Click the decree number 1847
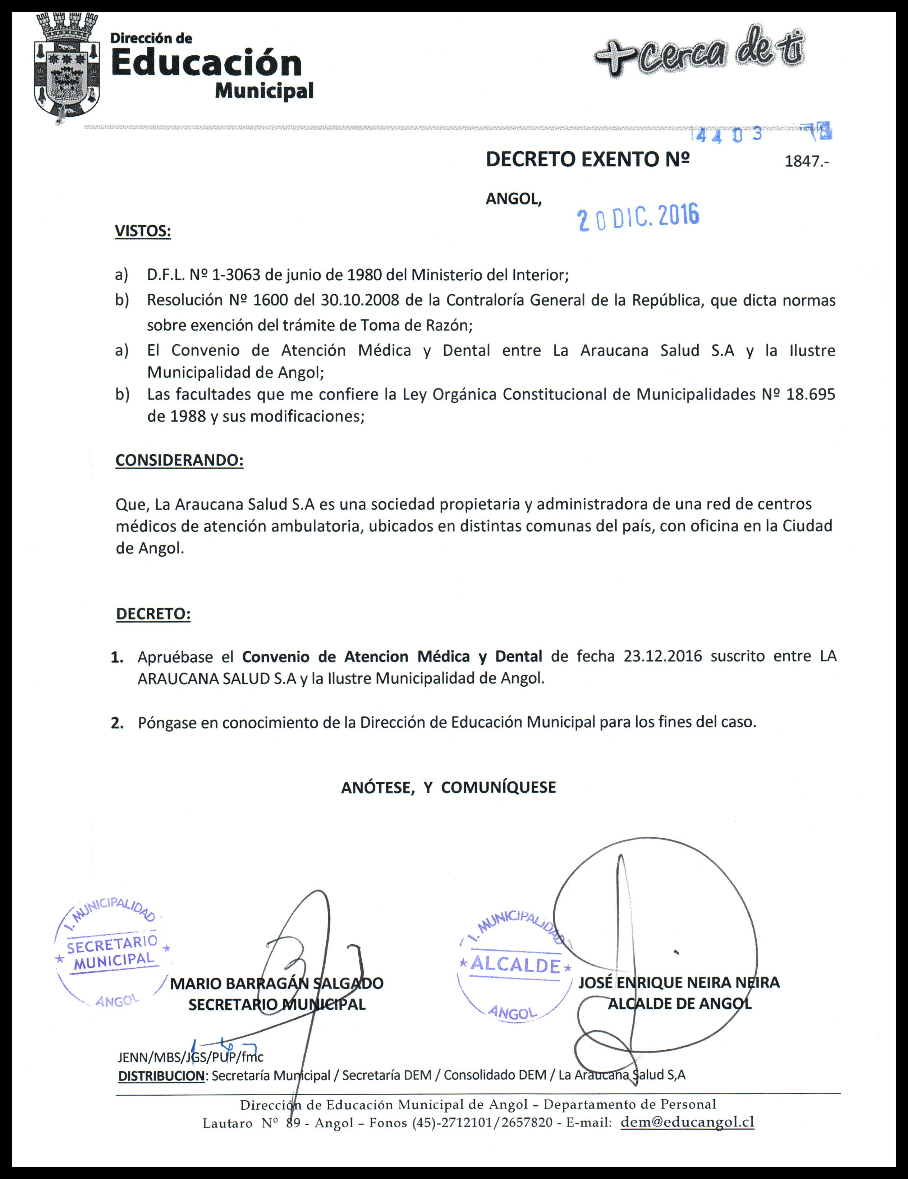pyautogui.click(x=805, y=161)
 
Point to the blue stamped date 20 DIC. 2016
pyautogui.click(x=638, y=217)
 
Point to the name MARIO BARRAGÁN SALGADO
pyautogui.click(x=276, y=983)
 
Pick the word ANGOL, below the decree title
pyautogui.click(x=513, y=199)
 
